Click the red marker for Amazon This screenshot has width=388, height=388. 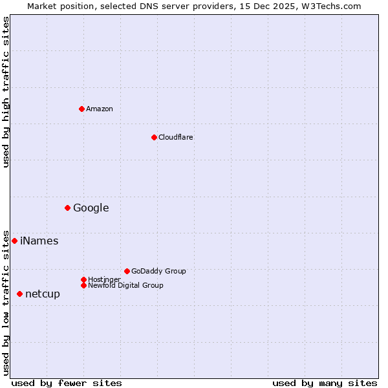[x=81, y=109]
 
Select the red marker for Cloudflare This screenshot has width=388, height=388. [x=154, y=137]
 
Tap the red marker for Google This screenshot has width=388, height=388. [x=67, y=208]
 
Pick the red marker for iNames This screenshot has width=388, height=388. [x=14, y=241]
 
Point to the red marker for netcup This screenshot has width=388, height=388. [x=19, y=294]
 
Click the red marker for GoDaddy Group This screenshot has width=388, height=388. [x=127, y=271]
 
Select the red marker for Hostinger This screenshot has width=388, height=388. [x=83, y=279]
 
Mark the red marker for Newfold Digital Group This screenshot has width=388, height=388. [x=83, y=285]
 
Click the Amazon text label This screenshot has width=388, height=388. [x=99, y=109]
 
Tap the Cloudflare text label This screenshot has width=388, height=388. [x=175, y=137]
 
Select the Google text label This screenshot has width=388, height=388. [x=91, y=208]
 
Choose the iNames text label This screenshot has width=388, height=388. [x=39, y=241]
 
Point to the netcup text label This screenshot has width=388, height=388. [x=42, y=294]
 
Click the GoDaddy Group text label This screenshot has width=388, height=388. [x=158, y=271]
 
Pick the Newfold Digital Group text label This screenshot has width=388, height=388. [x=125, y=285]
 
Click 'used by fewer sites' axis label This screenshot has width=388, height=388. [x=67, y=383]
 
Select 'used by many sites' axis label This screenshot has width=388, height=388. [x=325, y=383]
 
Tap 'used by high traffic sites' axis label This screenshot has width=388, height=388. [x=6, y=92]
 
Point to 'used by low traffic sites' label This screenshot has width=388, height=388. [x=6, y=303]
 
